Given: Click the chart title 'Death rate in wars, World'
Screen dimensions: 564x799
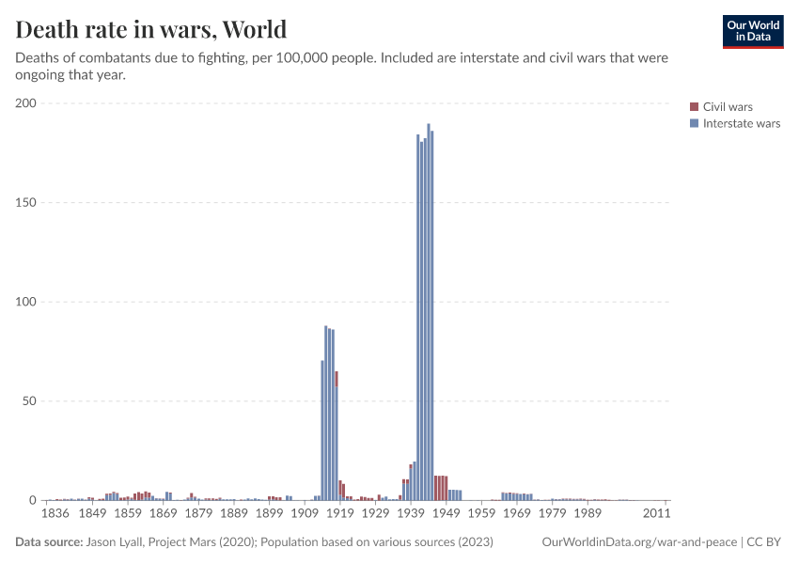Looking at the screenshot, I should click(151, 30).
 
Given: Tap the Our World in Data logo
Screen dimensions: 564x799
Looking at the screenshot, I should click(752, 31).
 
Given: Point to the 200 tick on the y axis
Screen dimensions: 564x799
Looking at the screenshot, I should click(25, 103).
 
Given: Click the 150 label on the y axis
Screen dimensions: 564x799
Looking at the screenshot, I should click(25, 202).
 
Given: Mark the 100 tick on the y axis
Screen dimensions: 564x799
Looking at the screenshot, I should click(25, 302).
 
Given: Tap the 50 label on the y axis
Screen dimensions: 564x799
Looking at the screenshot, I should click(29, 400).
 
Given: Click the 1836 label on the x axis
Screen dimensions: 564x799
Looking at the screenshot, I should click(56, 514).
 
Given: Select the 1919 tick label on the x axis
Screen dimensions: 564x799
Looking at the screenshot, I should click(339, 514).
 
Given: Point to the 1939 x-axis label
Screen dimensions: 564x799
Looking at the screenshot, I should click(410, 514).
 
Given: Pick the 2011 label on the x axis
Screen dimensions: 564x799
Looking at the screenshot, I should click(656, 514).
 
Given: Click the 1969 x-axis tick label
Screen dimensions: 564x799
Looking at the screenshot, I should click(516, 514).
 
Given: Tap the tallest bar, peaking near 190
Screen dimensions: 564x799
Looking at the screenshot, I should click(428, 310).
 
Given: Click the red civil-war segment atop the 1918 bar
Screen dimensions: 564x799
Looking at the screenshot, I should click(336, 378).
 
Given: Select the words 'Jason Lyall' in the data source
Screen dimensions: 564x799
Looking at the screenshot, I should click(117, 542).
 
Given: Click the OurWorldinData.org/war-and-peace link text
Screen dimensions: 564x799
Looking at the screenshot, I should click(640, 542).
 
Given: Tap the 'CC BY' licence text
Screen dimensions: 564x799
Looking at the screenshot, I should click(764, 542).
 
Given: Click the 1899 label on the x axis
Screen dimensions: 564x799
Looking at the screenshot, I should click(269, 514).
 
